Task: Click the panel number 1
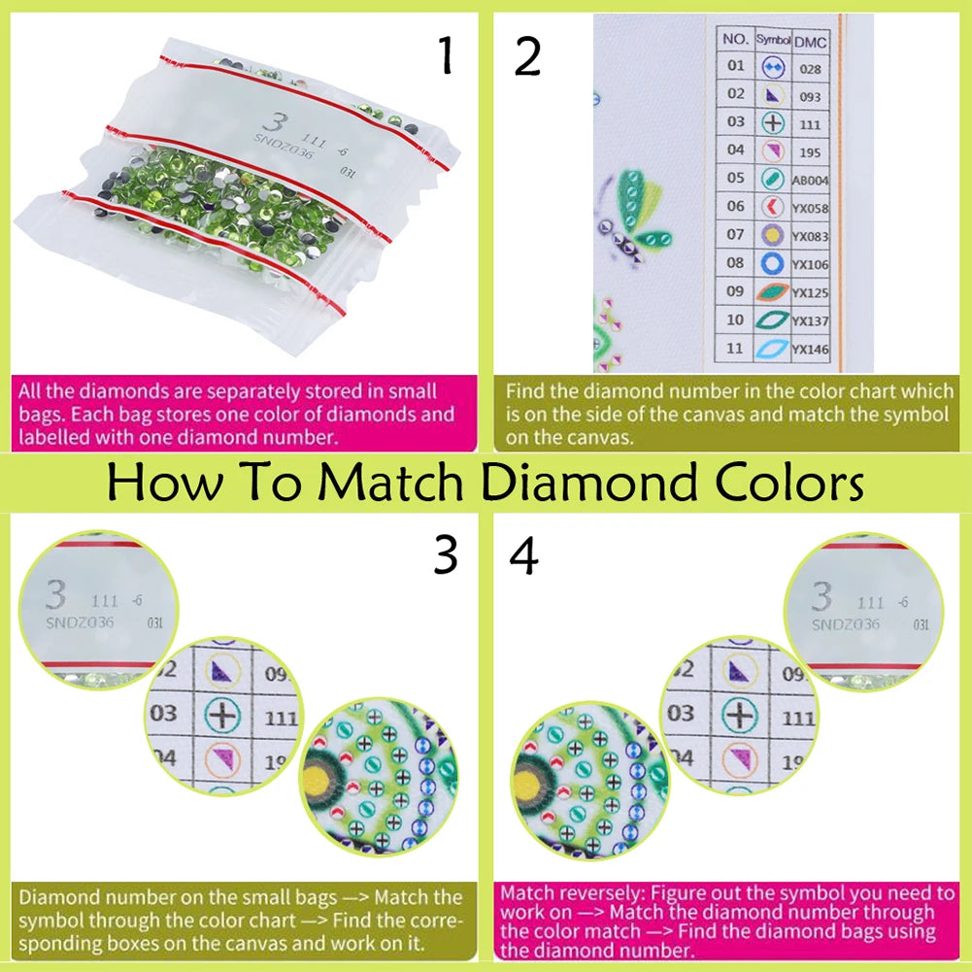(x=446, y=57)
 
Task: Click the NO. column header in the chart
(x=737, y=41)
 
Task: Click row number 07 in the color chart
(x=736, y=234)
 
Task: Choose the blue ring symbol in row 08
(x=773, y=263)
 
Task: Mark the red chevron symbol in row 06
(x=773, y=207)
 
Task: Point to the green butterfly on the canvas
(x=635, y=214)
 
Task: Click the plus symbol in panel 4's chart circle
(x=740, y=716)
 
